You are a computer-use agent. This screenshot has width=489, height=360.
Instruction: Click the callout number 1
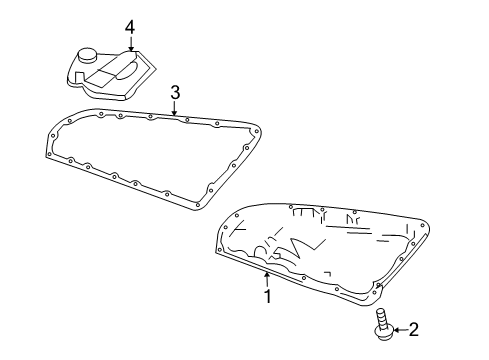click(267, 296)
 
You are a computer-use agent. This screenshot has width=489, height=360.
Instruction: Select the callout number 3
click(175, 93)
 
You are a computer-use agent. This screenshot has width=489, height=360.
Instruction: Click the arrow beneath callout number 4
click(131, 43)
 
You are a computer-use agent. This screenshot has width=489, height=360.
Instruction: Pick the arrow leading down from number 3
click(175, 110)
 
